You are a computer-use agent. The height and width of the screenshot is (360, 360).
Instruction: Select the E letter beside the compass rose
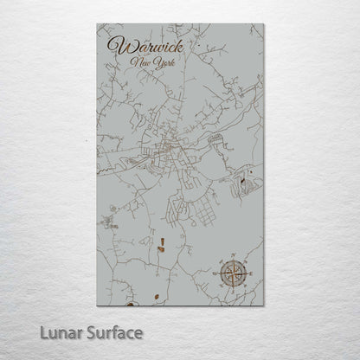pos(252,274)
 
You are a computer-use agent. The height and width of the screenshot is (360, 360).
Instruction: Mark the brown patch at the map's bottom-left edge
pos(129,302)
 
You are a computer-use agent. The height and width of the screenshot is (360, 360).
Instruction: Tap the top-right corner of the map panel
pos(262,24)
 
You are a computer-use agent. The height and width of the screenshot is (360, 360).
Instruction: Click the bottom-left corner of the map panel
pos(98,305)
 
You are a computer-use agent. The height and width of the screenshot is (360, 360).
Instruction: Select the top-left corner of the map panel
pos(98,24)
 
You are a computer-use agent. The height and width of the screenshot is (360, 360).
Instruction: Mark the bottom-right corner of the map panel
pos(262,305)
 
